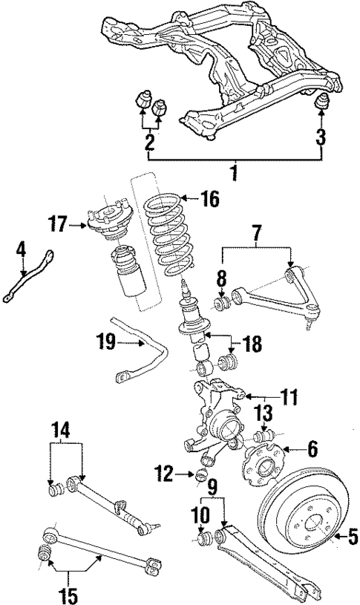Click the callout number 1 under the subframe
235,175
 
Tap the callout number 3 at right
321,137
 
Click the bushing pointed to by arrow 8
220,303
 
